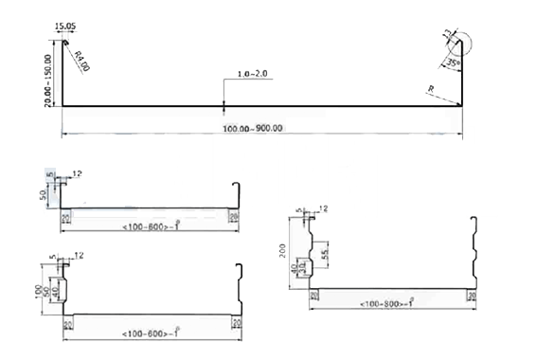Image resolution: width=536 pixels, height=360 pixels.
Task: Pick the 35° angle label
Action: pyautogui.click(x=454, y=62)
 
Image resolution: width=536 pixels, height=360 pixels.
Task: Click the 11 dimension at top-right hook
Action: pyautogui.click(x=447, y=35)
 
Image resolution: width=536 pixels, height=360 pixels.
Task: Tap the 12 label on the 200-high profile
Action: pyautogui.click(x=324, y=208)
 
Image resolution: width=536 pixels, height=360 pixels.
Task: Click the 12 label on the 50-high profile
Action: pyautogui.click(x=78, y=173)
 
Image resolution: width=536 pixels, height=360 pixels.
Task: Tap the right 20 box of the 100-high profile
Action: pyautogui.click(x=234, y=322)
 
